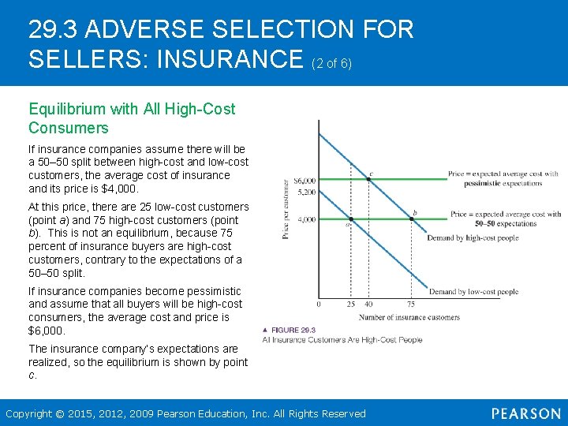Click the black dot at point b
point(411,219)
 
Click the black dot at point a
point(351,220)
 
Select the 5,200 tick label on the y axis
point(305,192)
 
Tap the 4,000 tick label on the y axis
point(306,219)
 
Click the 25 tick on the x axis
point(351,304)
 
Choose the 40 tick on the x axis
point(368,304)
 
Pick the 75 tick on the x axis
point(411,304)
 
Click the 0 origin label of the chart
point(318,304)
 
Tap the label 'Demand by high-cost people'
point(473,237)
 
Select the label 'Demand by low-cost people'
point(473,292)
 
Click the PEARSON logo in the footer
point(525,413)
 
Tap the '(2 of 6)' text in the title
point(331,63)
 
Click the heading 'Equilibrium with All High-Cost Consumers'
point(132,118)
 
